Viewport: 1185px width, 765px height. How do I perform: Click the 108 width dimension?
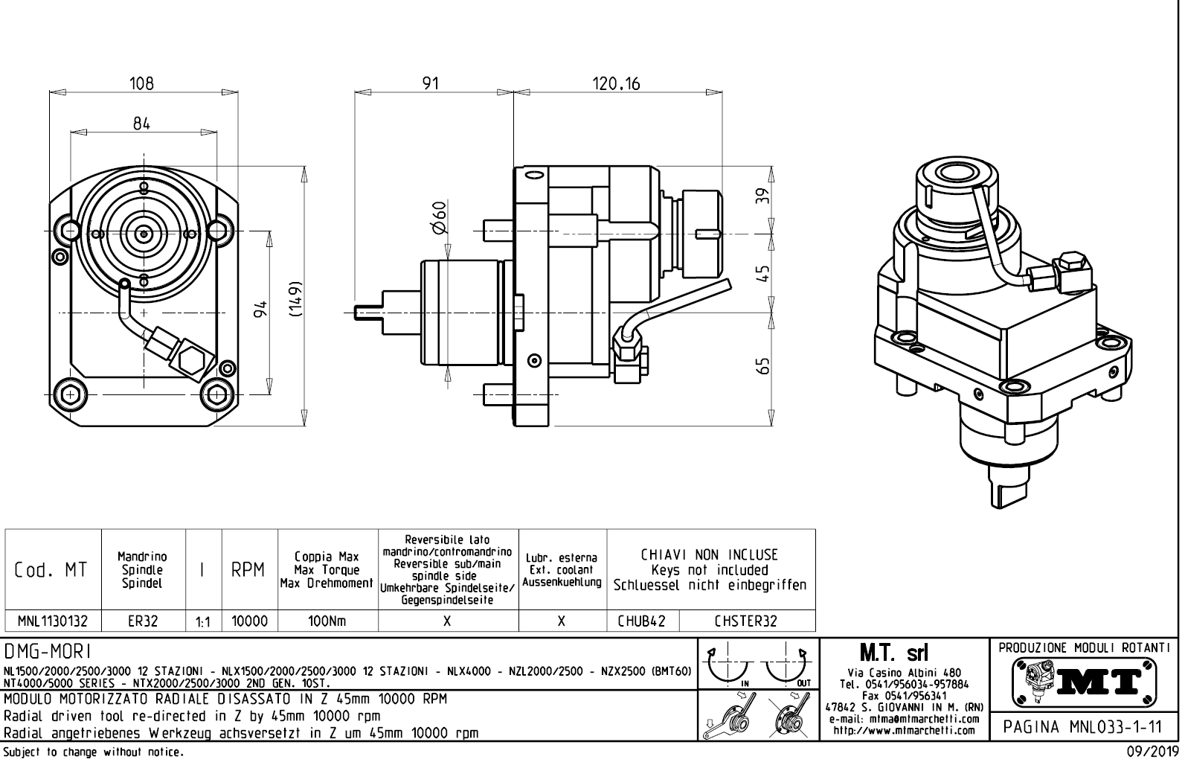(141, 83)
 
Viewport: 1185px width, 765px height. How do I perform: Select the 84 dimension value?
(141, 124)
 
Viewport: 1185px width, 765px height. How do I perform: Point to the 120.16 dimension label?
(616, 83)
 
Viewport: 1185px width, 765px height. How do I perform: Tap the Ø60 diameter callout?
(440, 217)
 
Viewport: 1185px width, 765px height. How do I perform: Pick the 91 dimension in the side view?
(431, 83)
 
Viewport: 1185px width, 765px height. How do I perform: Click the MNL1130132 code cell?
(53, 621)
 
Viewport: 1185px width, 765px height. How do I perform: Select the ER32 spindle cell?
(143, 621)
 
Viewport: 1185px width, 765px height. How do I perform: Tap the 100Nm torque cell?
(327, 621)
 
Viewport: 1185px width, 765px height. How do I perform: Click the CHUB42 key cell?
(642, 621)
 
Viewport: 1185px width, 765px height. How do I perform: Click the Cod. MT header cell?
(51, 570)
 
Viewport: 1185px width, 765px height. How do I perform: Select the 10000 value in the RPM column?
(249, 621)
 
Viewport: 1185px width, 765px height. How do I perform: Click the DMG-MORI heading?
(48, 652)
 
